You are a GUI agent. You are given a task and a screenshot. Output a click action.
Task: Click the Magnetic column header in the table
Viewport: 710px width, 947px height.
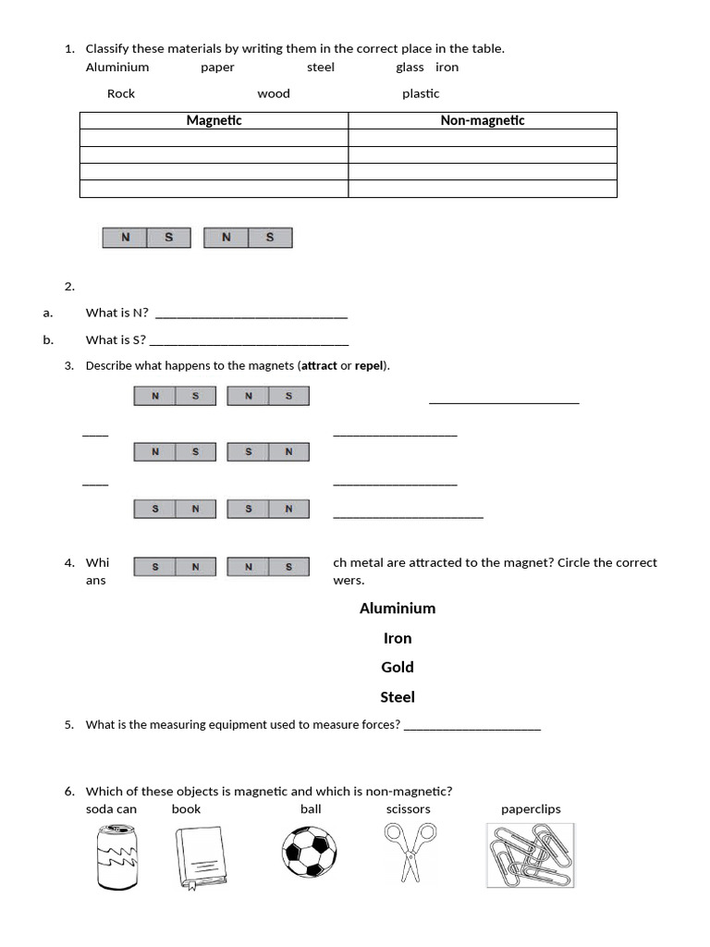coord(214,120)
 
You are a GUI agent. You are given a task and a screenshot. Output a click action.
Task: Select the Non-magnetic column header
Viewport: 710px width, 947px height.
coord(482,120)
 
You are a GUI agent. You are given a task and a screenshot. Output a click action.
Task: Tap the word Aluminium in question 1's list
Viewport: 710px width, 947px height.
coord(117,68)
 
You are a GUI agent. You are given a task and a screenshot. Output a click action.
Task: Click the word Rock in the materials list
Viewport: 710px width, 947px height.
coord(121,93)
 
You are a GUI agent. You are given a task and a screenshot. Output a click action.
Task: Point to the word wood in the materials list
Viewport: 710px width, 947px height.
coord(274,93)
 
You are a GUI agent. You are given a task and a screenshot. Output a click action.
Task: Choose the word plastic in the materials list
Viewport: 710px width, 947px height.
coord(421,93)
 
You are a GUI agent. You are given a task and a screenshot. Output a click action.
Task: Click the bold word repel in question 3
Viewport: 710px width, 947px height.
coord(370,365)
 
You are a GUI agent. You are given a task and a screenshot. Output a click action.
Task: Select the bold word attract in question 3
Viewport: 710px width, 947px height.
coord(320,365)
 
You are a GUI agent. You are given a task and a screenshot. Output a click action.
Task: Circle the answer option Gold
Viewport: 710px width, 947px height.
coord(398,668)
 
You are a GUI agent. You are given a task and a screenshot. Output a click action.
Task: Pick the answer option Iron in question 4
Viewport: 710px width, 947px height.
coord(398,638)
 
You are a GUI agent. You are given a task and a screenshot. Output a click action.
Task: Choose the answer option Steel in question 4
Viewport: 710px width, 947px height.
coord(398,697)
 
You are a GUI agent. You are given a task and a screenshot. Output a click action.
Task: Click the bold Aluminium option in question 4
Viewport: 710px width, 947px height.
coord(398,609)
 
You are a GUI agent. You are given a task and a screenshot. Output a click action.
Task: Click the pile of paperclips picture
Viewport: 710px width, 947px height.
coord(530,855)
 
